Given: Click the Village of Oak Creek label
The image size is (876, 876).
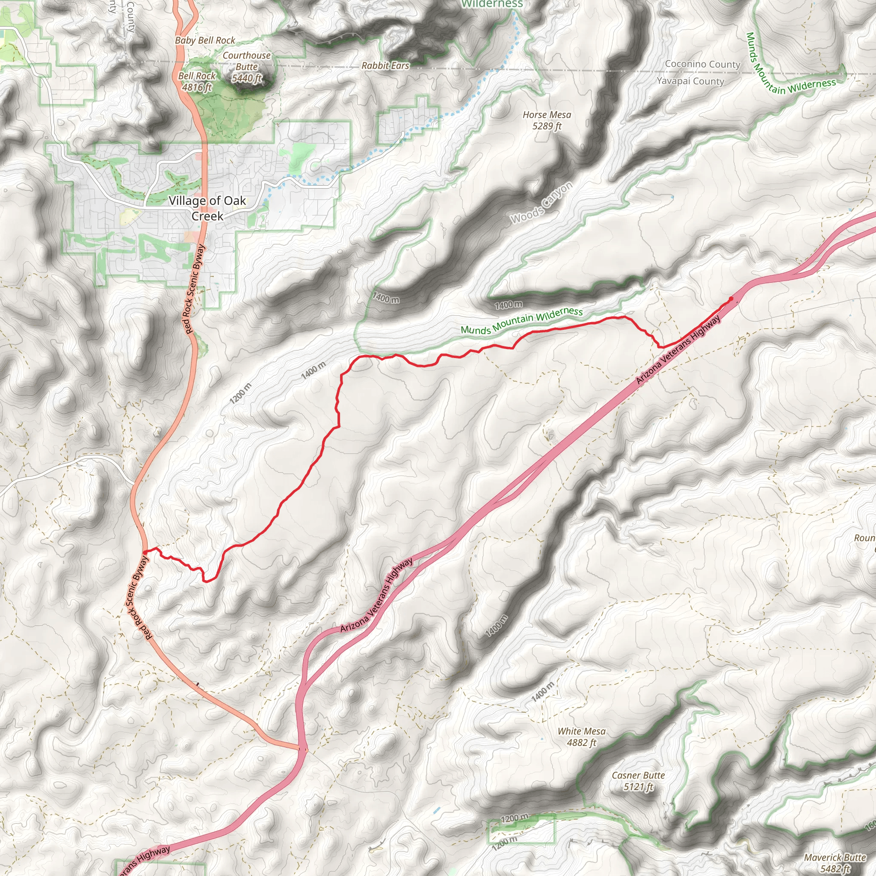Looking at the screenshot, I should tap(207, 208).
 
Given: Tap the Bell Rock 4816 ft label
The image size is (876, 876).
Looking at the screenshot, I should tap(197, 82).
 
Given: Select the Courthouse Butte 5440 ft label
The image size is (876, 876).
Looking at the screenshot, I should tap(247, 67).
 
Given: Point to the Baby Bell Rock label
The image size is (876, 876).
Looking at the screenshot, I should tap(205, 40).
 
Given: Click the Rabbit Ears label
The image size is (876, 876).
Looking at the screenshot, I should tap(385, 66).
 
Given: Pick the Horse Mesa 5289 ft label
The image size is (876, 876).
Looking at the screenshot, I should tap(547, 120).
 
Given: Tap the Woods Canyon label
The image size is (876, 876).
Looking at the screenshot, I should tap(542, 203).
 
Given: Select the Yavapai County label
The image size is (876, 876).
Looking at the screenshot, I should tap(690, 81).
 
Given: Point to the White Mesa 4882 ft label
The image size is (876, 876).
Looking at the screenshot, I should tap(581, 737).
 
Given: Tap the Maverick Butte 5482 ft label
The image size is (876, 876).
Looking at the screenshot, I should tap(835, 863).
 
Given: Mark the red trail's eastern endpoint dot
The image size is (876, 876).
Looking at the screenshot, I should tap(731, 299).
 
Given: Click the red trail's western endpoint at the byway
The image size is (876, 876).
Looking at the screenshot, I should tap(144, 551).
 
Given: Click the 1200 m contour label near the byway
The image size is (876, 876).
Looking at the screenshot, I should tap(240, 393).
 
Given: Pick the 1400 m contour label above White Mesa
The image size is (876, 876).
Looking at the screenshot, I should tap(542, 691).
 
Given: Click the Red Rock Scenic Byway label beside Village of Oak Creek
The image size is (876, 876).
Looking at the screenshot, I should tap(195, 289).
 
